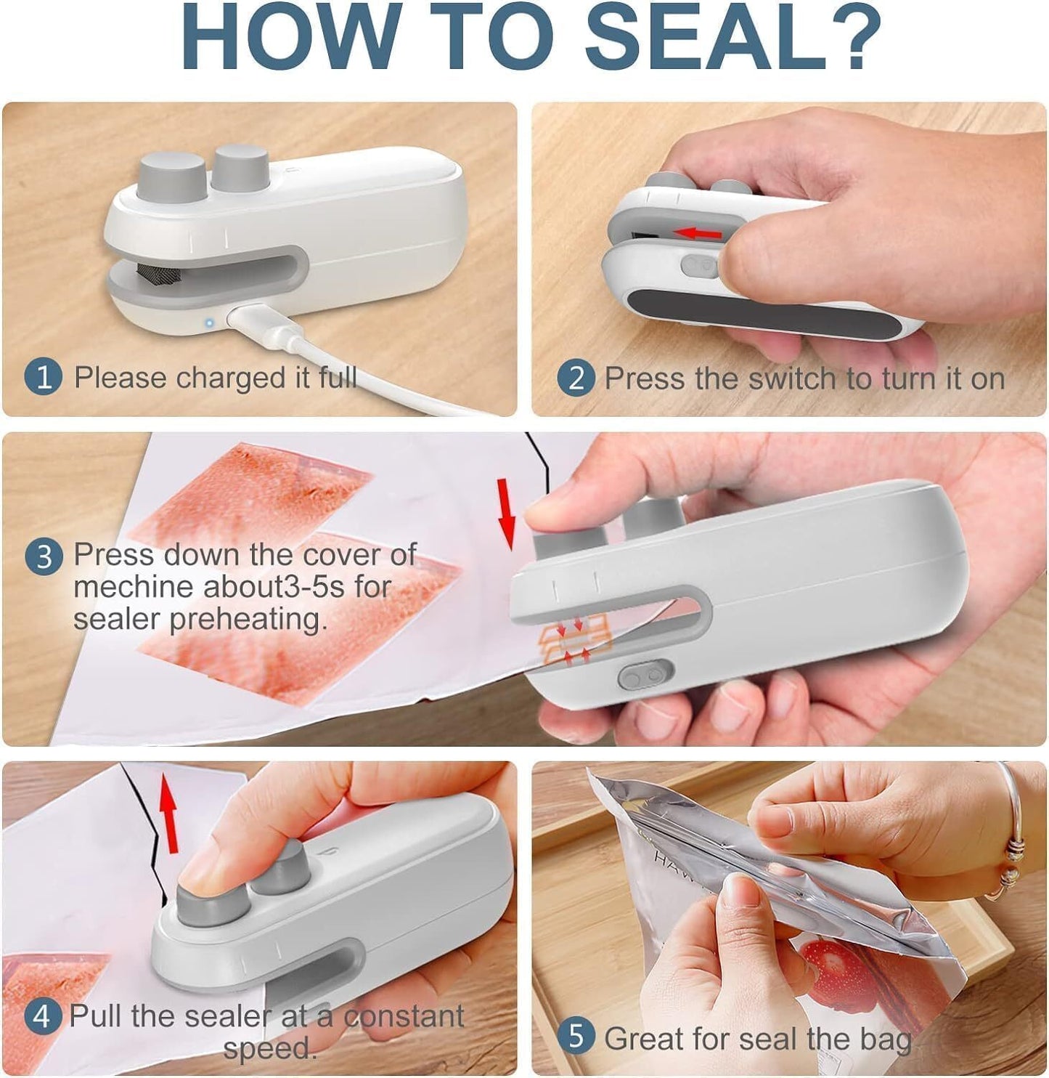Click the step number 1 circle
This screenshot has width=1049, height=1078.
click(44, 378)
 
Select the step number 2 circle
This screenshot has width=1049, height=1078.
click(576, 378)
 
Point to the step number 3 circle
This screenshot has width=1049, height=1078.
click(44, 556)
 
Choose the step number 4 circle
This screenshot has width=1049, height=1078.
click(41, 1016)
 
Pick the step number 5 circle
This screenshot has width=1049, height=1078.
click(576, 1037)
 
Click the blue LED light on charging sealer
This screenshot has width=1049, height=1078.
click(208, 323)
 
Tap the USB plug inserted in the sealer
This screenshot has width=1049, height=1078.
click(254, 320)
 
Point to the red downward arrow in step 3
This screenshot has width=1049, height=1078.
click(507, 512)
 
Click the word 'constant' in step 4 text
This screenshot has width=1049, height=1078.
click(404, 1016)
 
